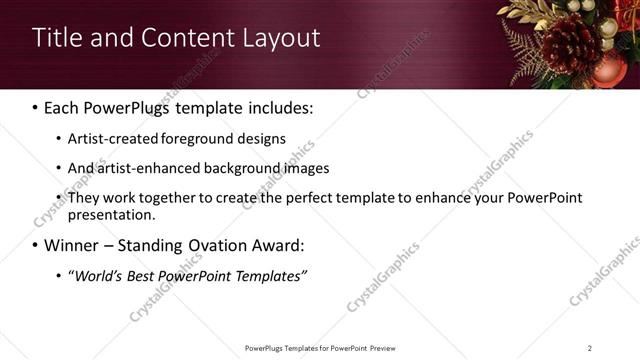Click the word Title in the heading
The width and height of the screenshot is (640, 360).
pyautogui.click(x=56, y=38)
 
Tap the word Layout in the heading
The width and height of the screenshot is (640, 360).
pyautogui.click(x=282, y=38)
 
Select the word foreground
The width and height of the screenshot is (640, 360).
pyautogui.click(x=198, y=139)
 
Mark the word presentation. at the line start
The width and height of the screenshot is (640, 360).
pyautogui.click(x=111, y=215)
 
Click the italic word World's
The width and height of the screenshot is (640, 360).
pyautogui.click(x=98, y=276)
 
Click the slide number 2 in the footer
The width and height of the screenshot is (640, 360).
pyautogui.click(x=590, y=348)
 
